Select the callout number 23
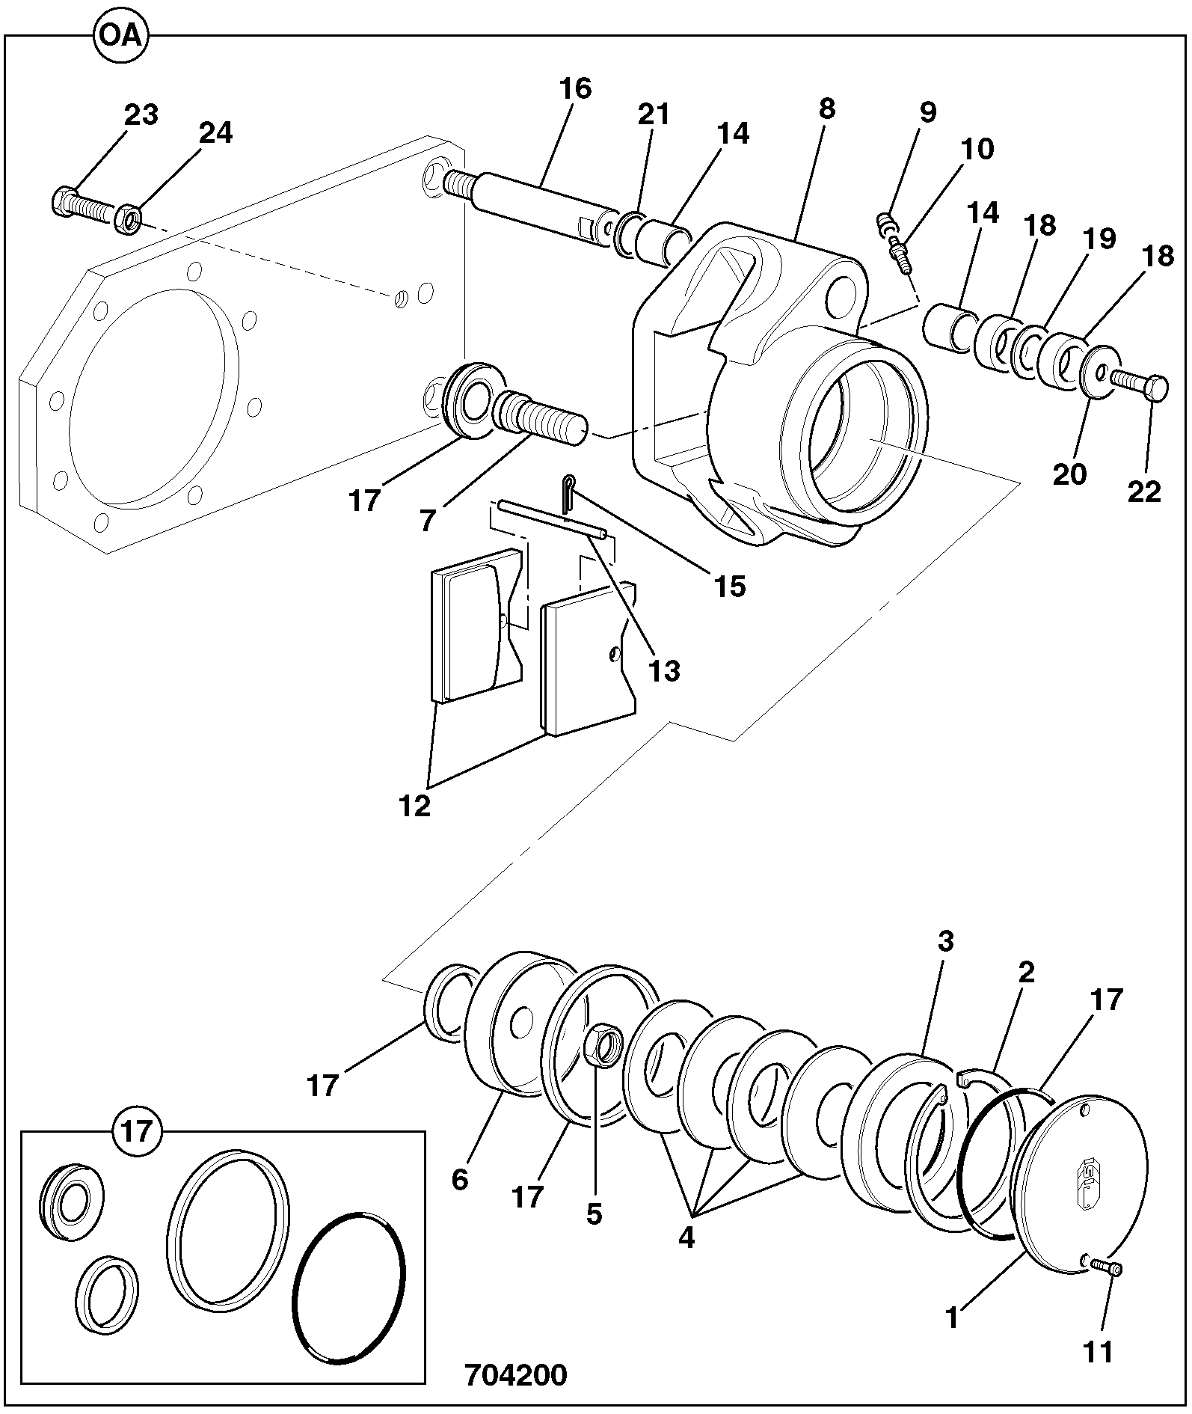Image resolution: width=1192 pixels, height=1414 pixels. pos(141,115)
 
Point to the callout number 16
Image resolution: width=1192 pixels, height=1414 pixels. pos(575,88)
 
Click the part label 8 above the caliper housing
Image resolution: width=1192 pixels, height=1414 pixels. pos(826,108)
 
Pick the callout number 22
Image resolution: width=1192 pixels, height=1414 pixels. pos(1144,492)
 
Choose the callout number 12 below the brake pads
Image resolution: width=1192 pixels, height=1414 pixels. pos(415,807)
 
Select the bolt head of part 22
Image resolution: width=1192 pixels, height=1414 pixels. pos(1156,388)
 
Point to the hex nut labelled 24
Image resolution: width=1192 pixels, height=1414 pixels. pos(129,220)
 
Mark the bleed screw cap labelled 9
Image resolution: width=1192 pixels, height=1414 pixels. pos(887,222)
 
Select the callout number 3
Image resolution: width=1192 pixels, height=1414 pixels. pos(946,941)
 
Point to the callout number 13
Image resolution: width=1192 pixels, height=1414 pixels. pos(664,670)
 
